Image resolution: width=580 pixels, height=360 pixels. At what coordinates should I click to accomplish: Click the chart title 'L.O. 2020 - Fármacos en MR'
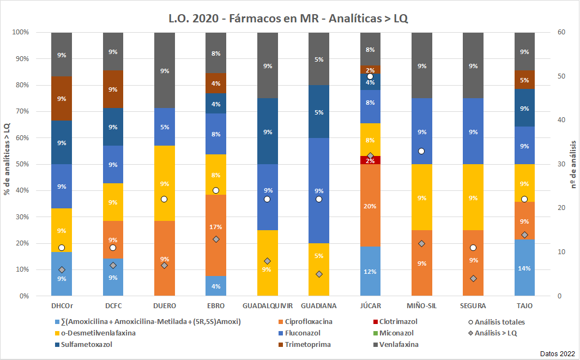click(x=288, y=17)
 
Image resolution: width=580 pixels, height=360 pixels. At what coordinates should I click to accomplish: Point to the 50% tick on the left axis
click(x=21, y=164)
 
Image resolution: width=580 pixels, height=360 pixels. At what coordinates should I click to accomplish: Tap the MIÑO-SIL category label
click(x=421, y=305)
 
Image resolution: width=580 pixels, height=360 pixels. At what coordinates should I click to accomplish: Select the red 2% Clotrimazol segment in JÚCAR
click(x=370, y=160)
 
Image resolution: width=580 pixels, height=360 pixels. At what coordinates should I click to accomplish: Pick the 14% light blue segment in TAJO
click(x=524, y=268)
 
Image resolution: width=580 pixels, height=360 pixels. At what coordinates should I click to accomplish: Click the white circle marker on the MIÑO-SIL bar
click(x=421, y=151)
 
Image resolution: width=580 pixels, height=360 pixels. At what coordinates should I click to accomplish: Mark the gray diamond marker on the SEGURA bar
click(x=473, y=278)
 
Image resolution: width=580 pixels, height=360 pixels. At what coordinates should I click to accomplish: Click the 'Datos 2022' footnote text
click(x=557, y=353)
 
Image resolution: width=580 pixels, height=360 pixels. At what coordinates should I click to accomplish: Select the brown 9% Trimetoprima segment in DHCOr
click(x=62, y=98)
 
